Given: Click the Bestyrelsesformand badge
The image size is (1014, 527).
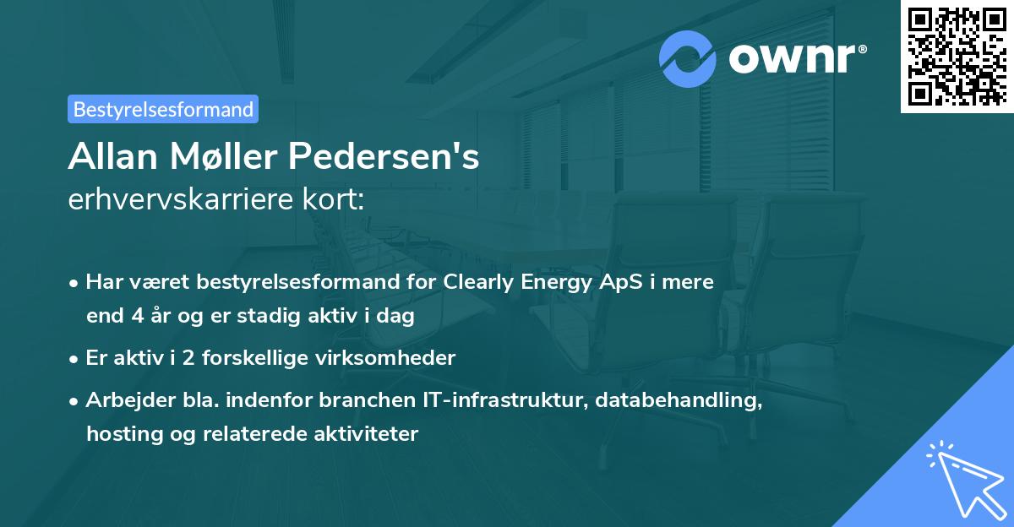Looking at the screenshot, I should coord(163,109).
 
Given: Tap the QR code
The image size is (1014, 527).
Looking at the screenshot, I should coord(957,56).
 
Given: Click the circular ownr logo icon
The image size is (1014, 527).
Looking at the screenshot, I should coord(688,59).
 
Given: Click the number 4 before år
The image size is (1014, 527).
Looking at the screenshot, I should coord(135,317).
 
